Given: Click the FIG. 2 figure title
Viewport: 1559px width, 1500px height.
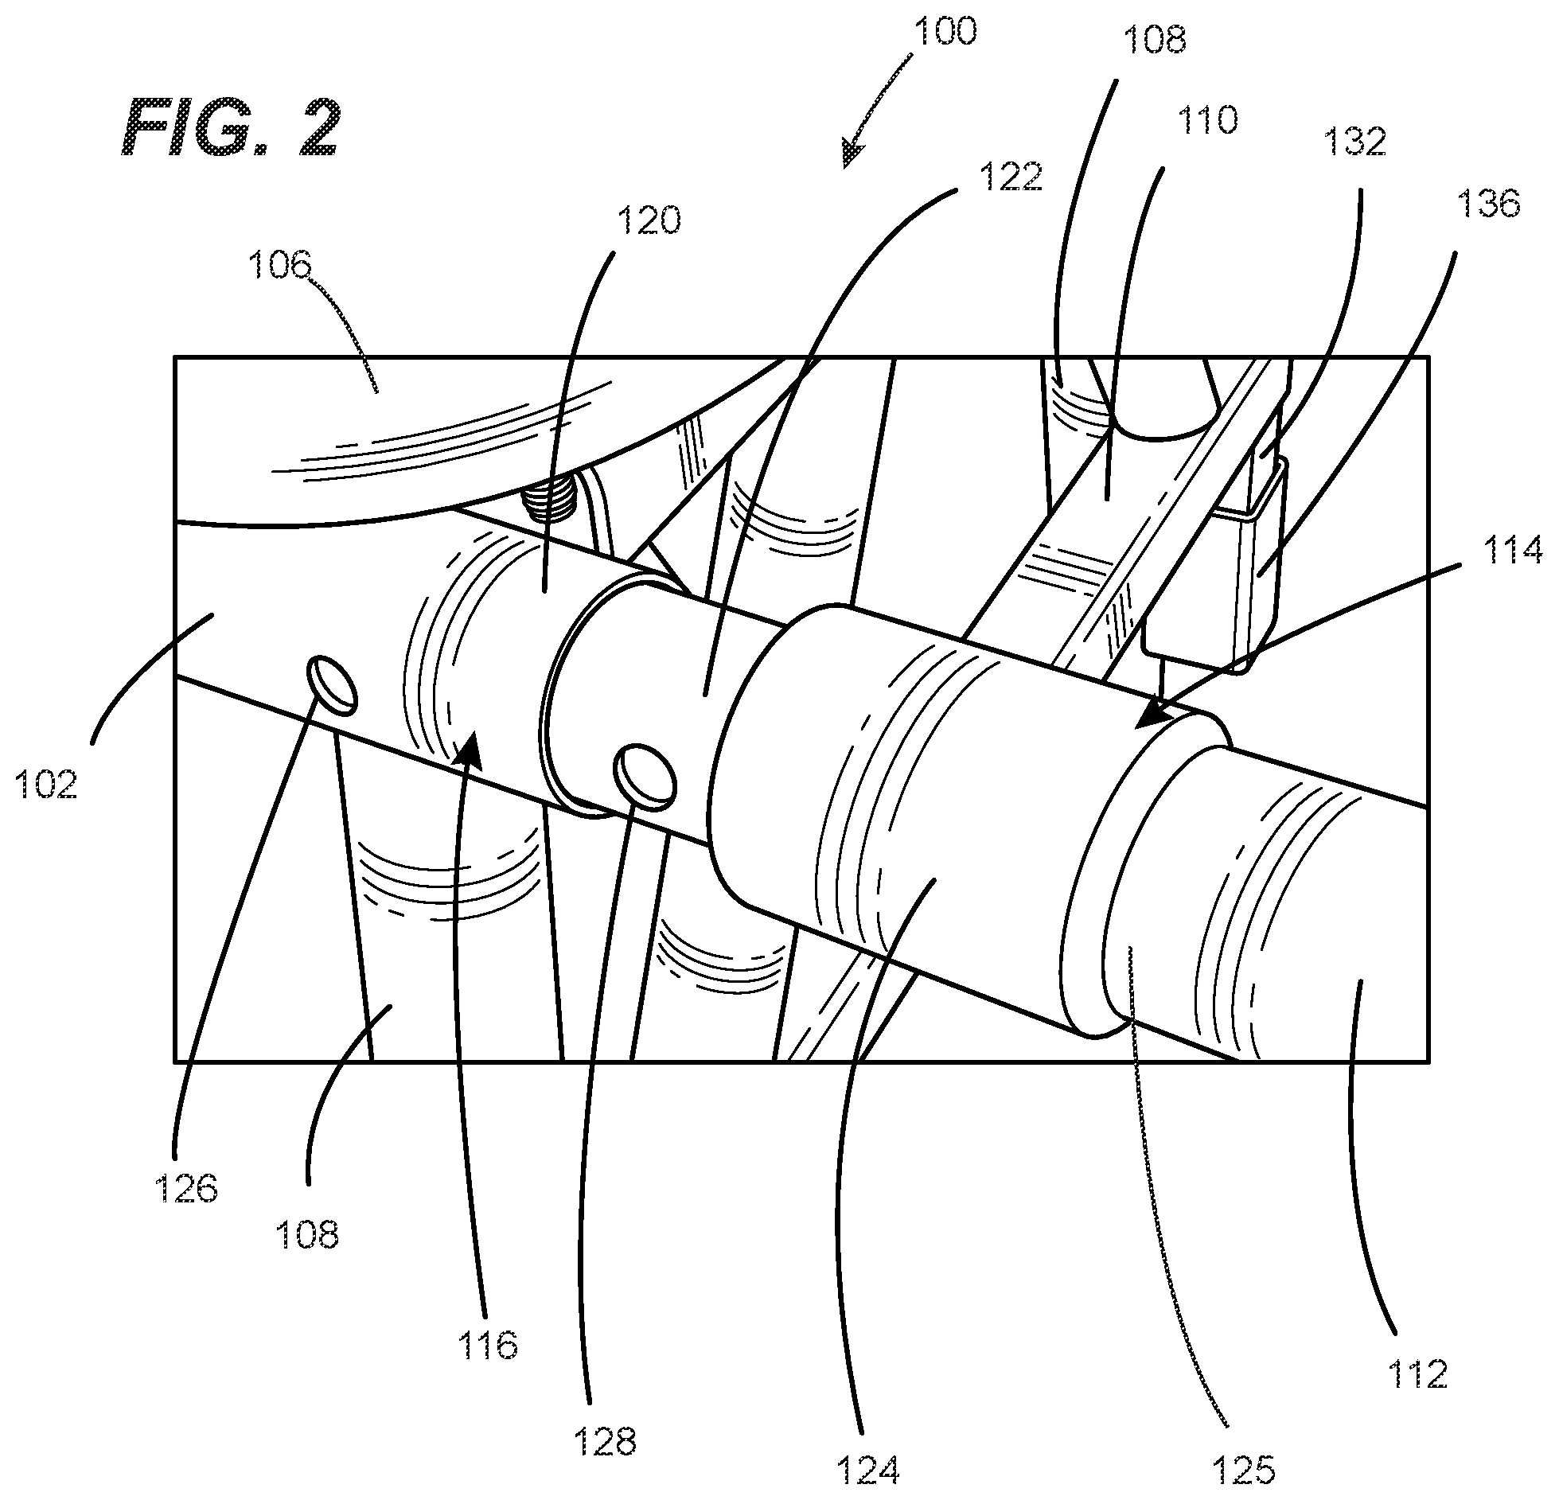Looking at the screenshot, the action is pyautogui.click(x=232, y=127).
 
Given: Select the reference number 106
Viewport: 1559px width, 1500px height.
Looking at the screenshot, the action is pyautogui.click(x=279, y=264).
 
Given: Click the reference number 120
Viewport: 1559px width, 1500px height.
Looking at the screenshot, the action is pyautogui.click(x=649, y=220).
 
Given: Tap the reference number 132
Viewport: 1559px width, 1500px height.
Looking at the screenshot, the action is pyautogui.click(x=1355, y=142).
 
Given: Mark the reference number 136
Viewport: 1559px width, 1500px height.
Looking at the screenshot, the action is pyautogui.click(x=1487, y=204).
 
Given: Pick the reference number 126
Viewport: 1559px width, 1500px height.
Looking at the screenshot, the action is pyautogui.click(x=185, y=1189).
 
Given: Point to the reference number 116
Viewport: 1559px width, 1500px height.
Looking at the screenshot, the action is pyautogui.click(x=488, y=1344).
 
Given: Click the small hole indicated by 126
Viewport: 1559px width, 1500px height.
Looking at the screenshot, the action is pyautogui.click(x=331, y=683).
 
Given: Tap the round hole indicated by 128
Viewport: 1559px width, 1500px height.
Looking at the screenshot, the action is pyautogui.click(x=645, y=777).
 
